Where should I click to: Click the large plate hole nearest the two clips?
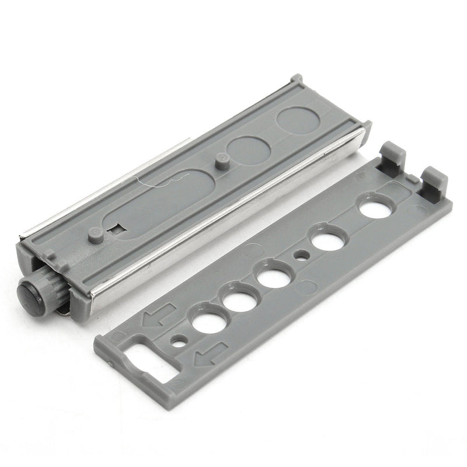tap(375, 209)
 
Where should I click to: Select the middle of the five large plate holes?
tap(273, 277)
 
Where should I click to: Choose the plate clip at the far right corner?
tap(434, 181)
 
